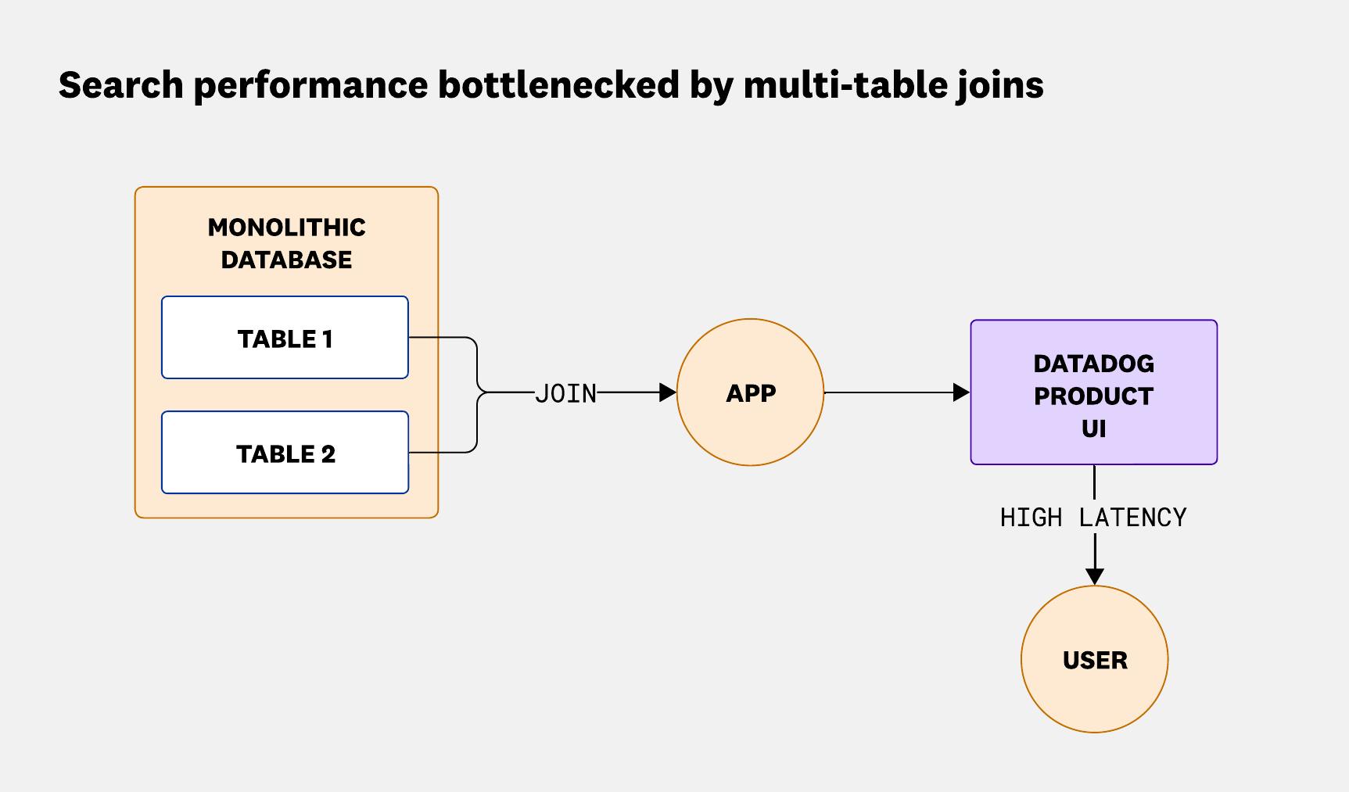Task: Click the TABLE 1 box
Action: (285, 338)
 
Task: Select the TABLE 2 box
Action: (285, 453)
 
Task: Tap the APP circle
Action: (750, 392)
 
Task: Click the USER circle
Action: (1094, 660)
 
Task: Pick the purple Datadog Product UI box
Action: (1093, 392)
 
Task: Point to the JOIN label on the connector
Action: (565, 393)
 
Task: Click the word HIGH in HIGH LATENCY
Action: (1031, 518)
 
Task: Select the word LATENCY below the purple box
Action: (1132, 518)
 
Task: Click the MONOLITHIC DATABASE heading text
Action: (286, 243)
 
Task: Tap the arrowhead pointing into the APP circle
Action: (668, 392)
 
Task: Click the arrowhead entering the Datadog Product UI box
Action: (962, 392)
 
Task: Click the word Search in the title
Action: (120, 84)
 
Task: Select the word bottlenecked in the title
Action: (558, 84)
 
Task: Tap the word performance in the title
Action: (310, 84)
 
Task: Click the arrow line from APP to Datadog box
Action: (892, 392)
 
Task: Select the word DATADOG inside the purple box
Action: (1093, 364)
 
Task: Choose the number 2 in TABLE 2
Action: (327, 453)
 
